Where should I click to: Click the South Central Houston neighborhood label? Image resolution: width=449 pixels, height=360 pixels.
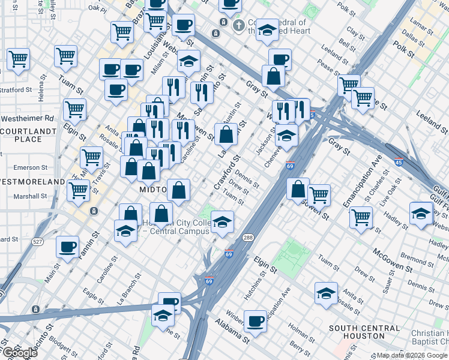tap(364, 332)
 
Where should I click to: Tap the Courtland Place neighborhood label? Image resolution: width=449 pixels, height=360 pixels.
tap(21, 135)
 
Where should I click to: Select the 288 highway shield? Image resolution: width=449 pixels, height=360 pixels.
tap(247, 238)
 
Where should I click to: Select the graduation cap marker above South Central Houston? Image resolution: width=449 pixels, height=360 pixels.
tap(326, 293)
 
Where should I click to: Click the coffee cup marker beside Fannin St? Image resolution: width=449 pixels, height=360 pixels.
tap(68, 245)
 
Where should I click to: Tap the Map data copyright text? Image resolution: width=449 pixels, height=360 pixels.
tap(412, 355)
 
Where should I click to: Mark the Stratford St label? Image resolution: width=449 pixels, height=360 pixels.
tap(16, 90)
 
